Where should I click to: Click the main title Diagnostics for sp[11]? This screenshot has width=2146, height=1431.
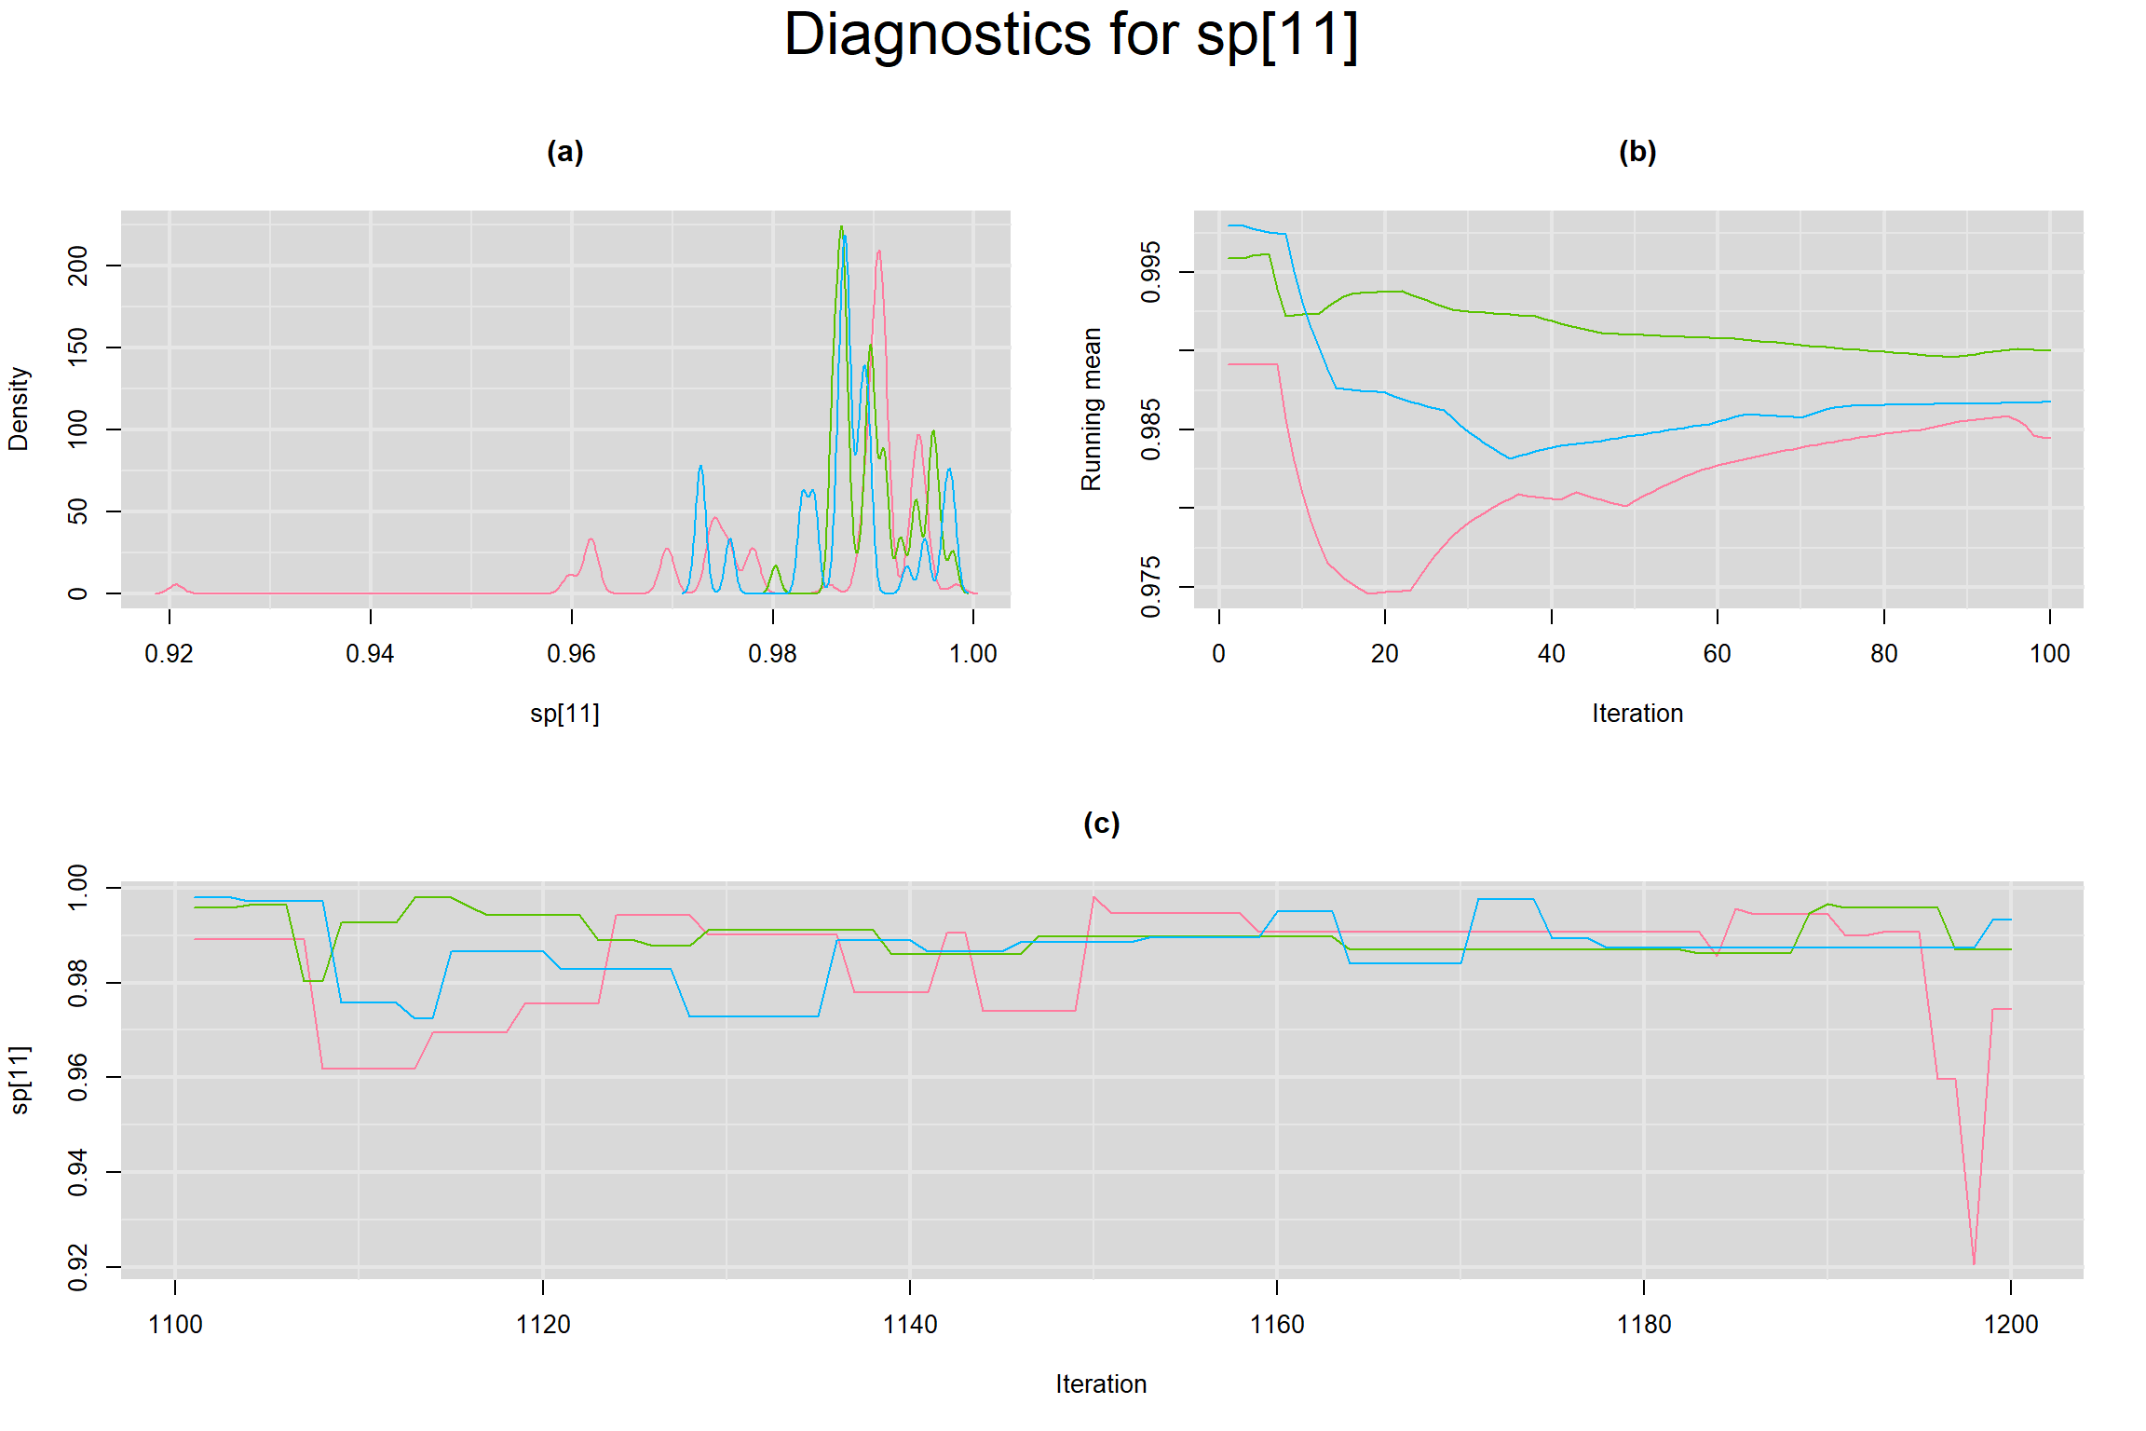pyautogui.click(x=1071, y=35)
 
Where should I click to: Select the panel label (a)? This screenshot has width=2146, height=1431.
pyautogui.click(x=564, y=152)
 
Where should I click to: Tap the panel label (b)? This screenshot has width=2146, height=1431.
pyautogui.click(x=1637, y=152)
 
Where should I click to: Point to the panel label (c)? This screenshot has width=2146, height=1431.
pyautogui.click(x=1101, y=824)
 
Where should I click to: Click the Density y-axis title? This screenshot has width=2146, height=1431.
pyautogui.click(x=19, y=409)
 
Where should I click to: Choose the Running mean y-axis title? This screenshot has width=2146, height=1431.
pyautogui.click(x=1091, y=409)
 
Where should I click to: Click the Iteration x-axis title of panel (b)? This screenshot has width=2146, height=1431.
pyautogui.click(x=1637, y=714)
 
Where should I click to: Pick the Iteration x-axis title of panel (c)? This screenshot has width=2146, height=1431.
pyautogui.click(x=1101, y=1384)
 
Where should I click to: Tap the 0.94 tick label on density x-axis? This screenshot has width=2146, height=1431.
pyautogui.click(x=370, y=654)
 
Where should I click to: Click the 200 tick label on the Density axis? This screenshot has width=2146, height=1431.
pyautogui.click(x=78, y=266)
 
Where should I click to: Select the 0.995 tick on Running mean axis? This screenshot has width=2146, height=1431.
pyautogui.click(x=1151, y=272)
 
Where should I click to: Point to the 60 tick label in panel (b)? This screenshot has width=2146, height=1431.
pyautogui.click(x=1717, y=654)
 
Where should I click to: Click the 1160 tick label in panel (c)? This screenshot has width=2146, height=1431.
pyautogui.click(x=1276, y=1325)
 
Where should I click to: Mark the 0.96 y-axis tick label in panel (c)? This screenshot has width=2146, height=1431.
pyautogui.click(x=78, y=1077)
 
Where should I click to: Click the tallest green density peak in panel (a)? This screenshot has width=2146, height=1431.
pyautogui.click(x=841, y=226)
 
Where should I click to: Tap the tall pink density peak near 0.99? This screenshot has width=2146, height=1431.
pyautogui.click(x=878, y=251)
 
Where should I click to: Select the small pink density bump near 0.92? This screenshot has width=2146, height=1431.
pyautogui.click(x=175, y=585)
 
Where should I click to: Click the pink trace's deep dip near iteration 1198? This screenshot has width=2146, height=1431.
pyautogui.click(x=1974, y=1263)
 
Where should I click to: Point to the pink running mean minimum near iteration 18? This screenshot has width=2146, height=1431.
pyautogui.click(x=1369, y=593)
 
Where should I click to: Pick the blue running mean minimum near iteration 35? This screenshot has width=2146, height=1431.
pyautogui.click(x=1510, y=458)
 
